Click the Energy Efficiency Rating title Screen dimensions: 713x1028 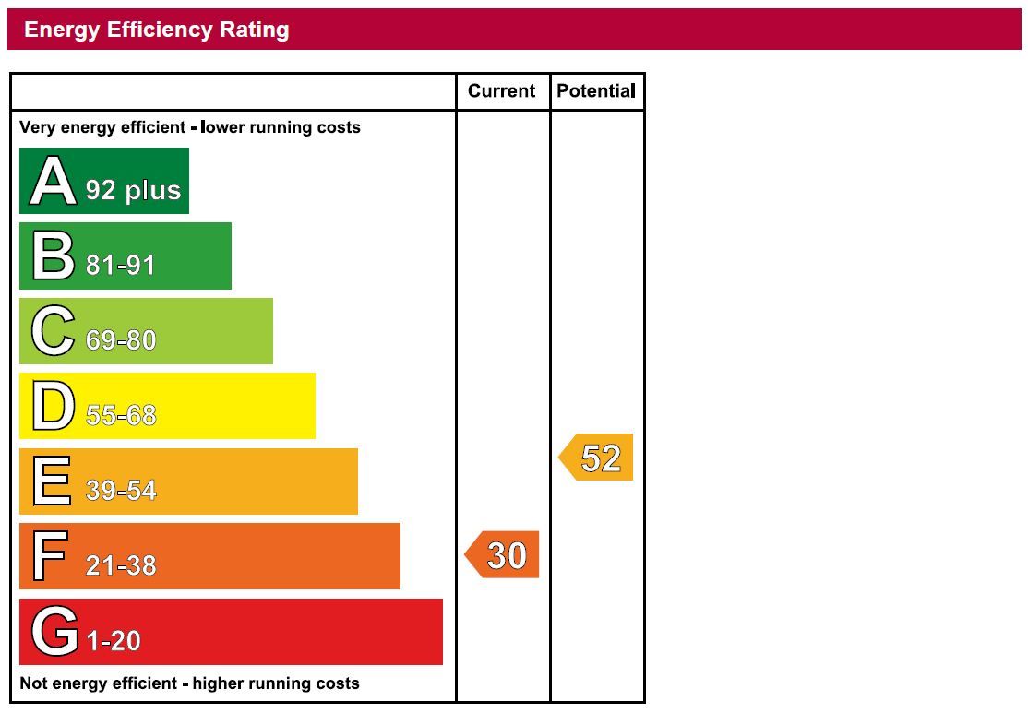pos(157,30)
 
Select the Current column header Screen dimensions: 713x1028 pos(501,90)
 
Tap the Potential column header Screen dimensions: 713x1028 pos(596,90)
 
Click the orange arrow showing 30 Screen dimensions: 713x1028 pos(503,555)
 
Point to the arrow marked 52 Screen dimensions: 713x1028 pos(598,458)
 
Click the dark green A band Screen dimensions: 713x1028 pos(104,181)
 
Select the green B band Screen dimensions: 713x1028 pos(126,255)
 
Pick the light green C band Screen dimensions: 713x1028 pos(146,331)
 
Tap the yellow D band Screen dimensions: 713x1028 pos(167,406)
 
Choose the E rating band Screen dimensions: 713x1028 pos(188,481)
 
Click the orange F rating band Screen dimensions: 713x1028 pos(209,556)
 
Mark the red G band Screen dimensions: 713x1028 pos(231,632)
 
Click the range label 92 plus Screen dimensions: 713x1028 pos(133,190)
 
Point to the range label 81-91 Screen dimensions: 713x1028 pos(121,266)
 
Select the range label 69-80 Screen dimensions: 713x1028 pos(121,340)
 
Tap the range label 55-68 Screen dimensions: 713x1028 pos(121,416)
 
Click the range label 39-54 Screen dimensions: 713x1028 pos(121,491)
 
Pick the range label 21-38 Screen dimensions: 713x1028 pos(121,565)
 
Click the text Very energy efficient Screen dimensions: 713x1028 pos(102,127)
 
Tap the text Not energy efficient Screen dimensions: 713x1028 pos(99,683)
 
